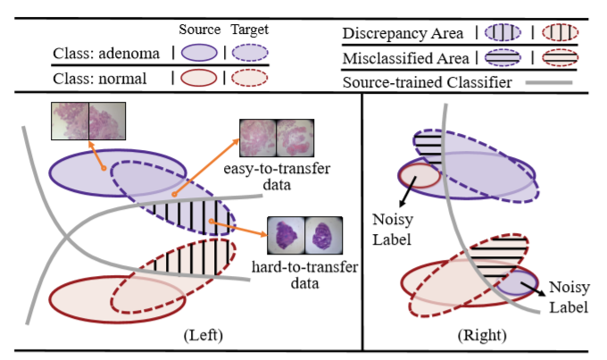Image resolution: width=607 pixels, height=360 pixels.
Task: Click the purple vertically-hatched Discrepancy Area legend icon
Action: point(503,33)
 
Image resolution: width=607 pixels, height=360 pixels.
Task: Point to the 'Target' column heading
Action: point(249,30)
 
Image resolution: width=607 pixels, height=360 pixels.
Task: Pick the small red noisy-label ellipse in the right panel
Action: point(419,174)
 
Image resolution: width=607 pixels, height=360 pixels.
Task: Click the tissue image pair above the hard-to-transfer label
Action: point(304,239)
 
